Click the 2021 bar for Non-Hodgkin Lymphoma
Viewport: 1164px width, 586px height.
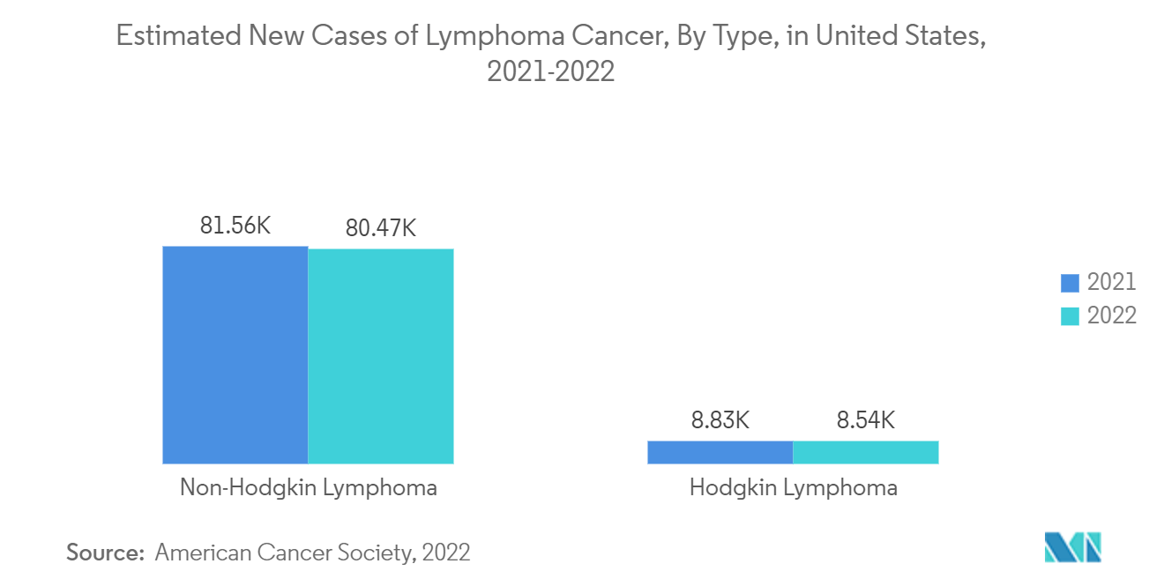point(235,354)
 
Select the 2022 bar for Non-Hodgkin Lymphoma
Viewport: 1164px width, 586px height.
point(381,356)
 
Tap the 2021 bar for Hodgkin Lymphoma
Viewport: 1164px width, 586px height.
point(720,452)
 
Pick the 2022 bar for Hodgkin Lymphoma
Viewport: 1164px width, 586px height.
point(866,452)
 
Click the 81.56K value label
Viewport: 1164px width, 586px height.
point(235,226)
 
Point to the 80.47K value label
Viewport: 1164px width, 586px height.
point(381,228)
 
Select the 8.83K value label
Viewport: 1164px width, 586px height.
point(720,420)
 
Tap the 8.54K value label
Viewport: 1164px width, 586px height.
point(866,420)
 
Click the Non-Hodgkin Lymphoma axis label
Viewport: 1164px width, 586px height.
point(309,487)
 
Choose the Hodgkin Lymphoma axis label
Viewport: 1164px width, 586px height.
point(794,487)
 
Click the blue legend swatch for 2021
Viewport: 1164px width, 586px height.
point(1070,283)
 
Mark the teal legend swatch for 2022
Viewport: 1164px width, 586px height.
point(1070,316)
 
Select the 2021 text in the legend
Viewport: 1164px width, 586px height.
point(1111,282)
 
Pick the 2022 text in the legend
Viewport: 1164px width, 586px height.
point(1111,315)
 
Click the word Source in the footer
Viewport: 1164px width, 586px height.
point(105,553)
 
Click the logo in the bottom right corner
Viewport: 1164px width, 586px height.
point(1073,547)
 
